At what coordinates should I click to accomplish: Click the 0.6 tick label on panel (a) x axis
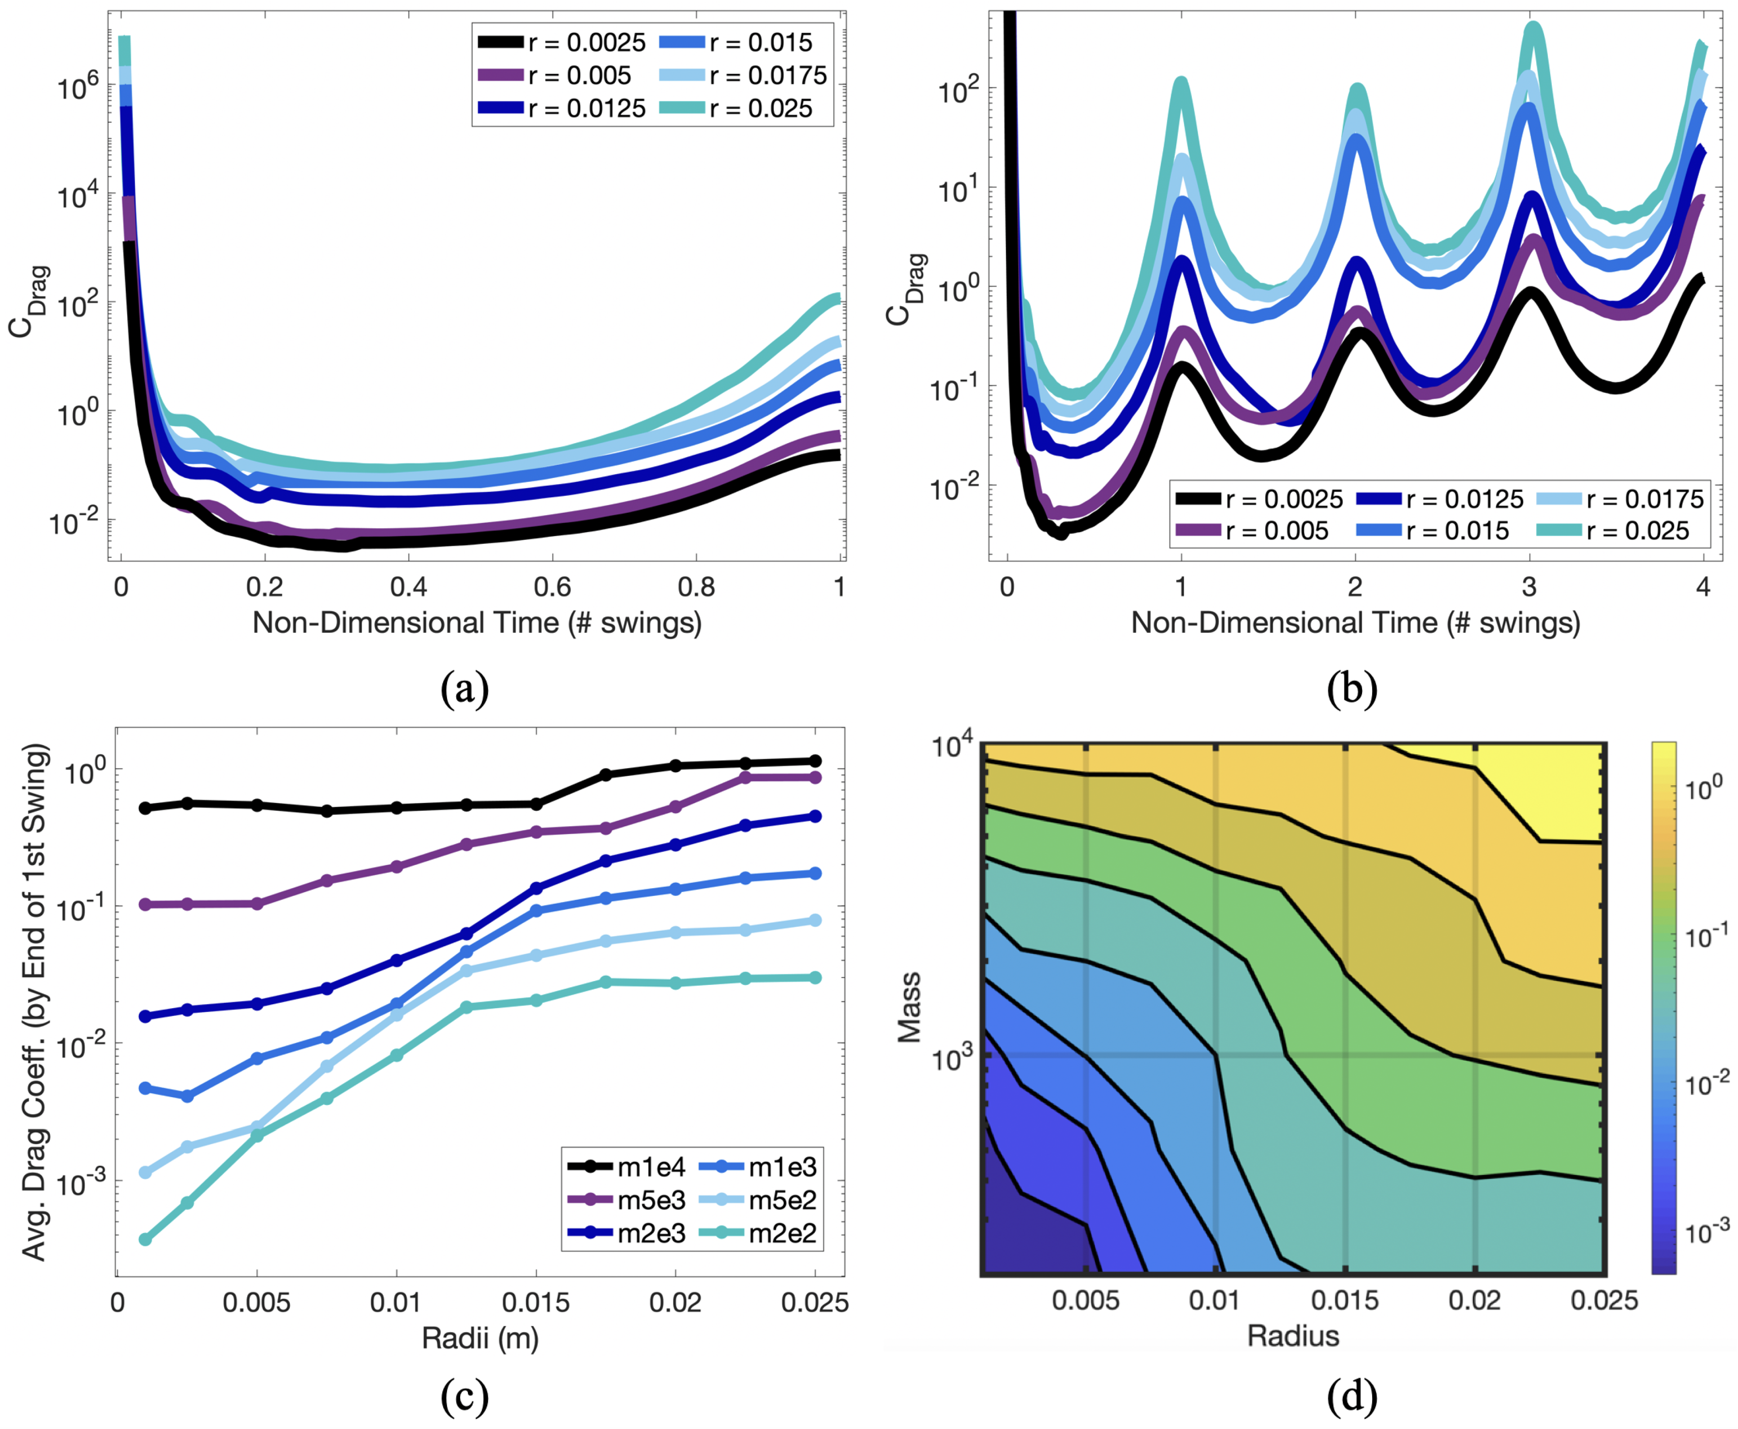pyautogui.click(x=552, y=587)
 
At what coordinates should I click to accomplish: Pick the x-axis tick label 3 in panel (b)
pyautogui.click(x=1529, y=587)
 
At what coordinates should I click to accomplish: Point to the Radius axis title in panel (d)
pyautogui.click(x=1292, y=1335)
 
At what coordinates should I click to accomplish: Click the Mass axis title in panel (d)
pyautogui.click(x=909, y=1008)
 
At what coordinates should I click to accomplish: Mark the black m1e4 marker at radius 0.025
pyautogui.click(x=815, y=760)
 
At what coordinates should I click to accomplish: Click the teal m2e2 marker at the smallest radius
pyautogui.click(x=146, y=1239)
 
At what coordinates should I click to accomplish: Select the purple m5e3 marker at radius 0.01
pyautogui.click(x=397, y=867)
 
